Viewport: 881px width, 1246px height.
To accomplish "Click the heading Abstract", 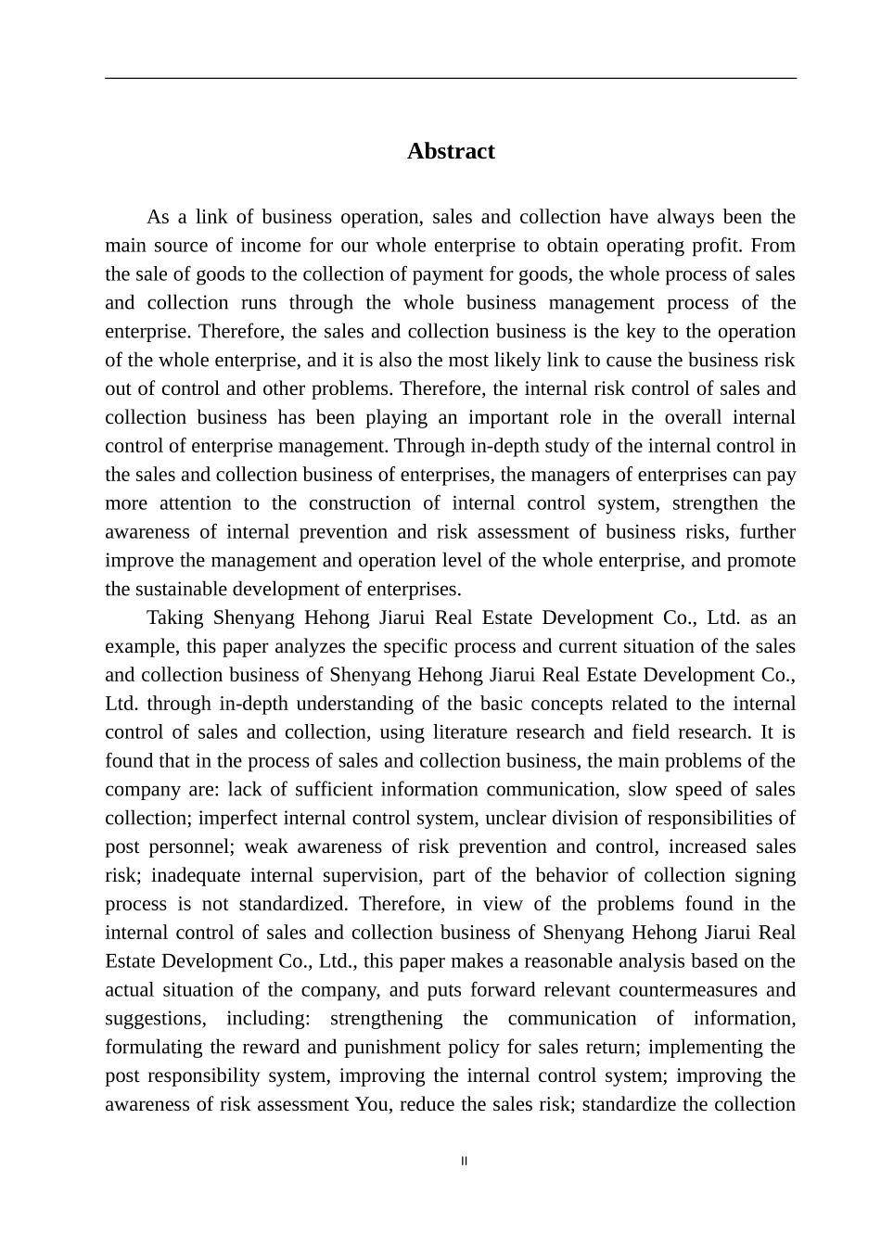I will click(x=451, y=151).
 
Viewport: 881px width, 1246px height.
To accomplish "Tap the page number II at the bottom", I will click(x=465, y=1162).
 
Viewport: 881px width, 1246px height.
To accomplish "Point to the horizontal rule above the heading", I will click(x=451, y=79).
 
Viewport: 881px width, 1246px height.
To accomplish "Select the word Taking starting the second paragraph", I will click(x=175, y=618).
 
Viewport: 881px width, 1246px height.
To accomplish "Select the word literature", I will click(x=474, y=732).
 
